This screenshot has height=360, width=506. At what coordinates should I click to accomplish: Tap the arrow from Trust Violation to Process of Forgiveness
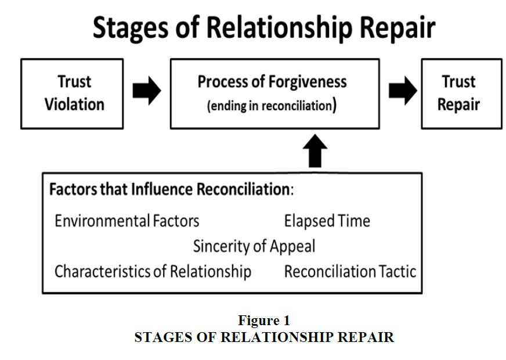click(x=147, y=91)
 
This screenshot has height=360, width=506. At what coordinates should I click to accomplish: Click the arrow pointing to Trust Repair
click(x=403, y=91)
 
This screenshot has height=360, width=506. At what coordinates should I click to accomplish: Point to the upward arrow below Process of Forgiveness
click(x=315, y=151)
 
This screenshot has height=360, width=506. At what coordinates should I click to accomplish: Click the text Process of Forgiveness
click(x=272, y=82)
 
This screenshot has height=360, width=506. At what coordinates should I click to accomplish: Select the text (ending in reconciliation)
click(x=272, y=106)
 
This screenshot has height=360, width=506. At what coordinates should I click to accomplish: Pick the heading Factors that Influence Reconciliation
click(x=171, y=189)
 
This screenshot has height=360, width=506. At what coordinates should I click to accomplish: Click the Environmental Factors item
click(x=127, y=221)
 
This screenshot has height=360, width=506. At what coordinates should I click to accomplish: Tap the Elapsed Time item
click(x=327, y=221)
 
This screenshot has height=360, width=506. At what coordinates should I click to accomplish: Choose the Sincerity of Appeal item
click(x=254, y=246)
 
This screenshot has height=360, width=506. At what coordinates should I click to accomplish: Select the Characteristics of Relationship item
click(x=153, y=272)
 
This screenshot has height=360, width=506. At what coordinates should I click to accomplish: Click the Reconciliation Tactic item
click(x=350, y=272)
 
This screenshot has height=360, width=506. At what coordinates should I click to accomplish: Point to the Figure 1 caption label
click(x=264, y=321)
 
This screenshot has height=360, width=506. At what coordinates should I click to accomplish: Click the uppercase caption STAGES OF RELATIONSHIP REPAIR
click(x=264, y=337)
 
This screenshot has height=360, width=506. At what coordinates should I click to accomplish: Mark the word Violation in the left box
click(x=74, y=105)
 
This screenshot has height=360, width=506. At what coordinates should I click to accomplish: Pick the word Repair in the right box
click(x=458, y=105)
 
